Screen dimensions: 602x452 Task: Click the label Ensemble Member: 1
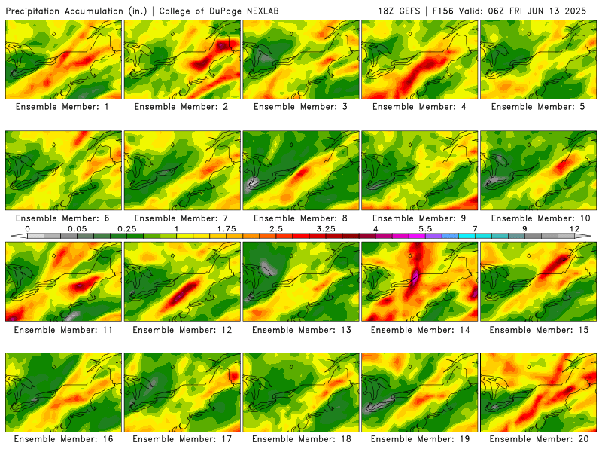pos(62,107)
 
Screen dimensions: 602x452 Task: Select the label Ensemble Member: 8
pos(300,218)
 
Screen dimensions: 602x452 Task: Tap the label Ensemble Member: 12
pos(182,330)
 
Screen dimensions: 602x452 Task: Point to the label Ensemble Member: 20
pos(539,439)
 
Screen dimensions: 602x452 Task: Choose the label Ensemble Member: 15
pos(539,330)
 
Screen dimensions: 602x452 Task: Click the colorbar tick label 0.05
pos(78,229)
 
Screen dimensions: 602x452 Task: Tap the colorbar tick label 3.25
pos(326,229)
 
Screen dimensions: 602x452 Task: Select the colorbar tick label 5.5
pos(425,229)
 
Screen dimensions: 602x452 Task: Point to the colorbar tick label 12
pos(574,229)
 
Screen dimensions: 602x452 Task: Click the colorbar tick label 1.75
pos(227,229)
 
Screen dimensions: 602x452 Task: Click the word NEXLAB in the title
pos(263,11)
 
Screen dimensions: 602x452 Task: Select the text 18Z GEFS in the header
pos(399,11)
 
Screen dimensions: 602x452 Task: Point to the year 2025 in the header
pos(575,11)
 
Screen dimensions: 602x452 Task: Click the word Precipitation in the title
pos(33,11)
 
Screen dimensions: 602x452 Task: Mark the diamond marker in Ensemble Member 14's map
pos(410,255)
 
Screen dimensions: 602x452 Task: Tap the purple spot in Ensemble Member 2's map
pos(222,46)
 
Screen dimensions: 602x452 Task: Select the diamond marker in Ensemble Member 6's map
pos(53,145)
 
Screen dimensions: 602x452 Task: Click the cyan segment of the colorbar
pos(475,236)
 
